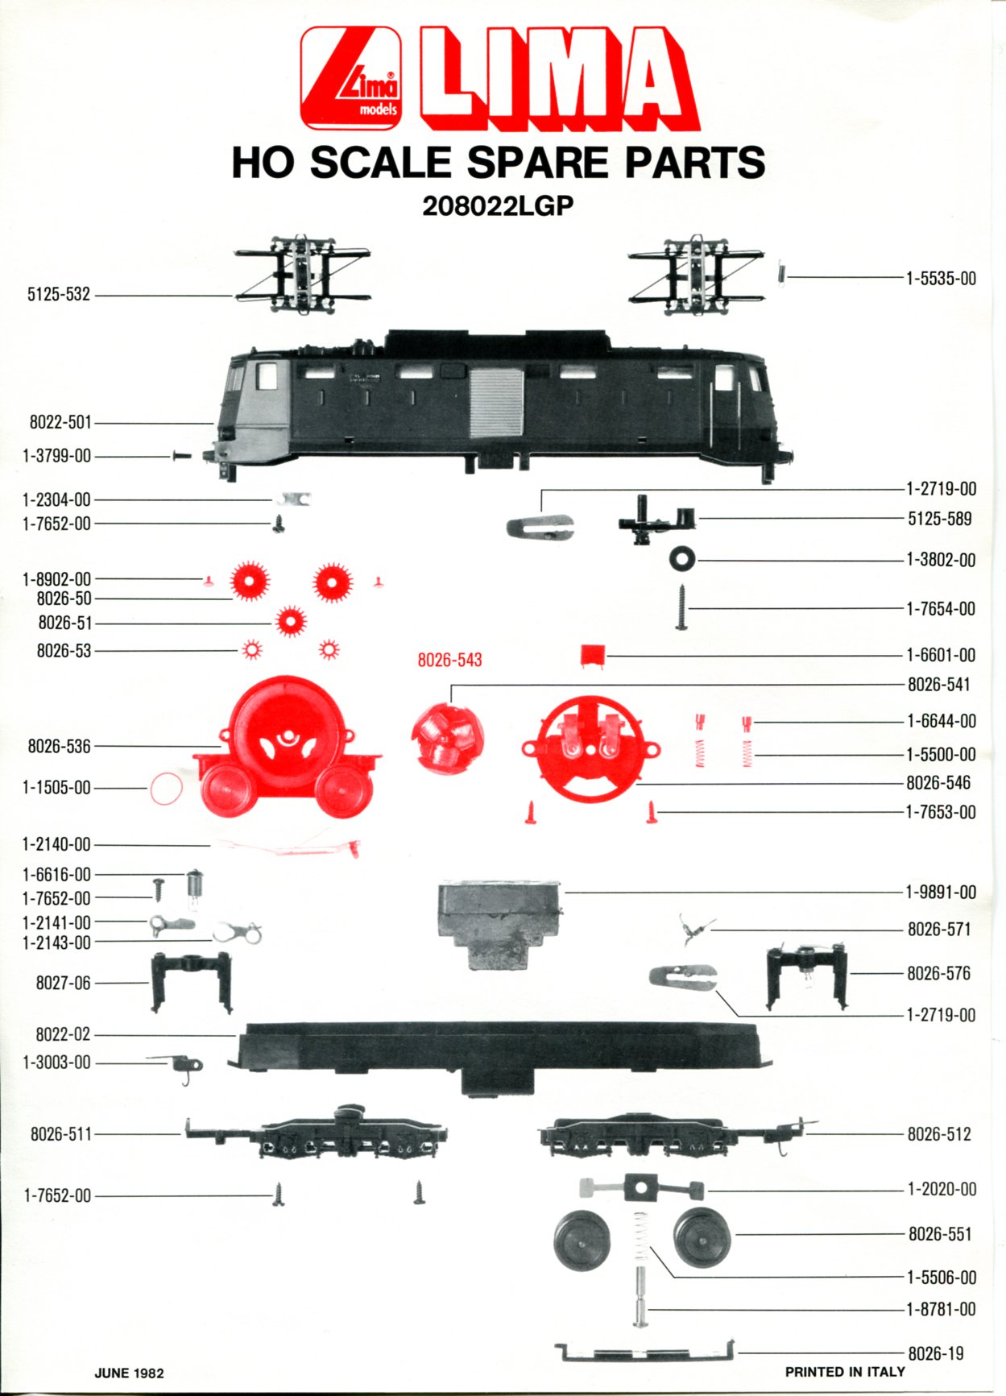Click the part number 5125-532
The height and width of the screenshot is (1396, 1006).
click(59, 295)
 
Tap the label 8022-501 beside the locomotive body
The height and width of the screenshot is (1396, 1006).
click(60, 422)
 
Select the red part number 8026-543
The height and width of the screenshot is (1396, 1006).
click(449, 660)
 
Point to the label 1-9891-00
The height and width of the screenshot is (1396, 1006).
click(941, 892)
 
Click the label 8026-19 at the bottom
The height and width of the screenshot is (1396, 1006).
click(936, 1353)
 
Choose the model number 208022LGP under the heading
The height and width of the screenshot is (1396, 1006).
click(498, 206)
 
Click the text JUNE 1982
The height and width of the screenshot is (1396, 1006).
click(129, 1373)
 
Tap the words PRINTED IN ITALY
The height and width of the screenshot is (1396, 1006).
click(845, 1372)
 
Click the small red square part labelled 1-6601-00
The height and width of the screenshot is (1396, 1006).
click(592, 655)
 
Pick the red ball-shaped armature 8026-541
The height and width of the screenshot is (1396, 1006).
click(448, 735)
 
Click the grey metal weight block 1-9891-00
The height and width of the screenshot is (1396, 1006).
click(499, 924)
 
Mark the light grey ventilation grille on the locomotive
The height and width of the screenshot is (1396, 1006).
click(496, 402)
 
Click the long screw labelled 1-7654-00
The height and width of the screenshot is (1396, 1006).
click(681, 607)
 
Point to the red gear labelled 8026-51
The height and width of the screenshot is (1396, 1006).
click(290, 622)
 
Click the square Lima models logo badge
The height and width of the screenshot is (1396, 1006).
click(350, 78)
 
